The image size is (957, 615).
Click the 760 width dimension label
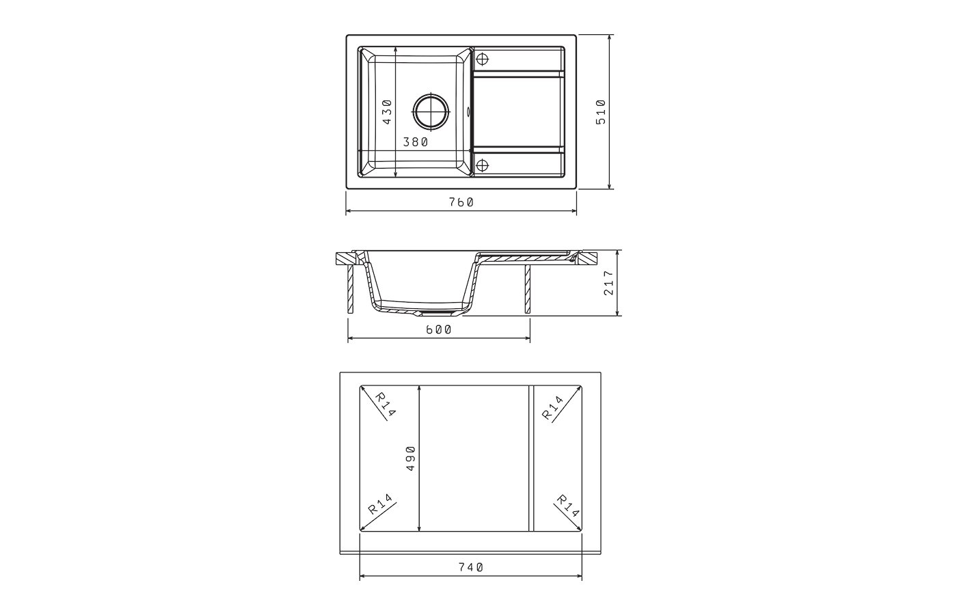461,202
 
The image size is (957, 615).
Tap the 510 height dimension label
601,112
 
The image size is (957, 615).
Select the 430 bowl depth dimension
387,112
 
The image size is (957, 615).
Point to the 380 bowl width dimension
416,142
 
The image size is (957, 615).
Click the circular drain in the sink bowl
431,111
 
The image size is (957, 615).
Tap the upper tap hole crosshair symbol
483,59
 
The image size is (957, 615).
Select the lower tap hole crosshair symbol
483,165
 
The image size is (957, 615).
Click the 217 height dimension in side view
608,283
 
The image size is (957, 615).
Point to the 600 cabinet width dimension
439,329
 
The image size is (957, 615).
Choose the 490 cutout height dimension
410,459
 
